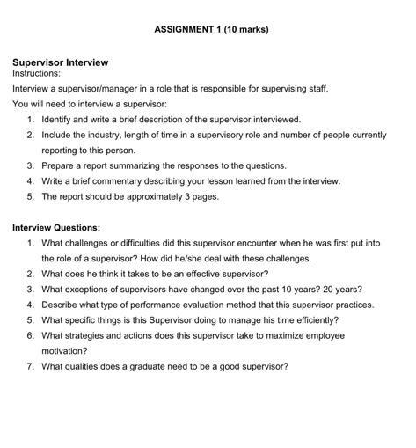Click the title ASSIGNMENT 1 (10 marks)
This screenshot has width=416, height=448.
[x=211, y=29]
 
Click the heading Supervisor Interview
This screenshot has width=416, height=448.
[x=60, y=62]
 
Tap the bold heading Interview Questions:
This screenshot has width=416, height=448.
[x=56, y=227]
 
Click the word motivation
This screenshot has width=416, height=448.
[x=64, y=350]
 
